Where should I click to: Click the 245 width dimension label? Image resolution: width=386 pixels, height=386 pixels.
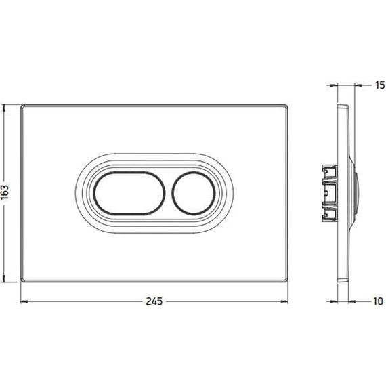[154, 301]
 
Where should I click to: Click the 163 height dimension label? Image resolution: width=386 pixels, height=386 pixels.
[5, 192]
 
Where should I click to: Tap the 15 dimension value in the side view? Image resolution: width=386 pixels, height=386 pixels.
[380, 85]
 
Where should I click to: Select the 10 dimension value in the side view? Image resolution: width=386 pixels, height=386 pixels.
[378, 301]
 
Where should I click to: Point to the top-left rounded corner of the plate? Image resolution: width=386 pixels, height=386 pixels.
[22, 106]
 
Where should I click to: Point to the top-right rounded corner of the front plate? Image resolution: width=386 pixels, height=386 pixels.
[286, 106]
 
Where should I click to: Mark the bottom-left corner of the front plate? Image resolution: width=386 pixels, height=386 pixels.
[22, 280]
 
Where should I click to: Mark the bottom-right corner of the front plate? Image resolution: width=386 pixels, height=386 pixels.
[286, 280]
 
